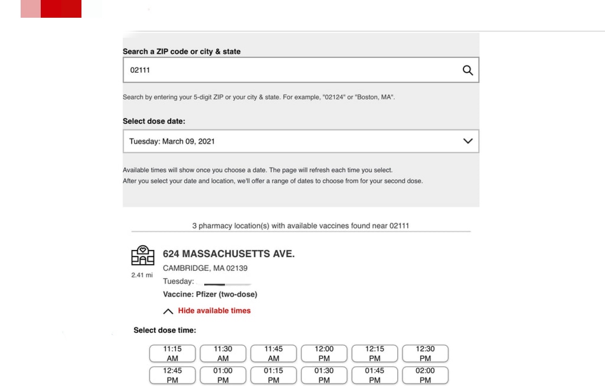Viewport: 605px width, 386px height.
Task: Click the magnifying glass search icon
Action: click(x=467, y=70)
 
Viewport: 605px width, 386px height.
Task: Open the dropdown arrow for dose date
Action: click(x=468, y=142)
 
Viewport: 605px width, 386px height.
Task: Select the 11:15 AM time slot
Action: click(x=172, y=353)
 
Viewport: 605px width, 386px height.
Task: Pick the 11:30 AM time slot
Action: click(x=223, y=353)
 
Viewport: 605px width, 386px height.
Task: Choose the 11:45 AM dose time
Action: click(x=273, y=353)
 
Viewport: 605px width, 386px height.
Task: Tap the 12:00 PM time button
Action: click(x=324, y=353)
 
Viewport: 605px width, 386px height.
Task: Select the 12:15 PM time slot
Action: click(x=375, y=353)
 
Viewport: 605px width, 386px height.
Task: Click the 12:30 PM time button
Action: click(x=425, y=353)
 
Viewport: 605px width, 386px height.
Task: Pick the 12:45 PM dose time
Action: click(x=172, y=375)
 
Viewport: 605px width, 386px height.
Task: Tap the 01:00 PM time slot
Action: click(x=223, y=375)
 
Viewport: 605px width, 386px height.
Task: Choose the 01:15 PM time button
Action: click(x=273, y=375)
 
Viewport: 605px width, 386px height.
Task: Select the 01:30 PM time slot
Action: click(x=324, y=375)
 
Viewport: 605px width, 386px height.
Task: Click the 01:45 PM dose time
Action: click(x=375, y=375)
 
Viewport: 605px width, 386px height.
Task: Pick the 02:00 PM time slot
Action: click(x=425, y=375)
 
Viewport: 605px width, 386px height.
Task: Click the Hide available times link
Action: click(x=214, y=311)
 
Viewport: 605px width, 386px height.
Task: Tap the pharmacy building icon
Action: click(x=142, y=255)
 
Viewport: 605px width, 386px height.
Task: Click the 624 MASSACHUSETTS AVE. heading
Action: click(x=228, y=254)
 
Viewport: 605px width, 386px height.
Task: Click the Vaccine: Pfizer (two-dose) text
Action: click(x=210, y=294)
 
